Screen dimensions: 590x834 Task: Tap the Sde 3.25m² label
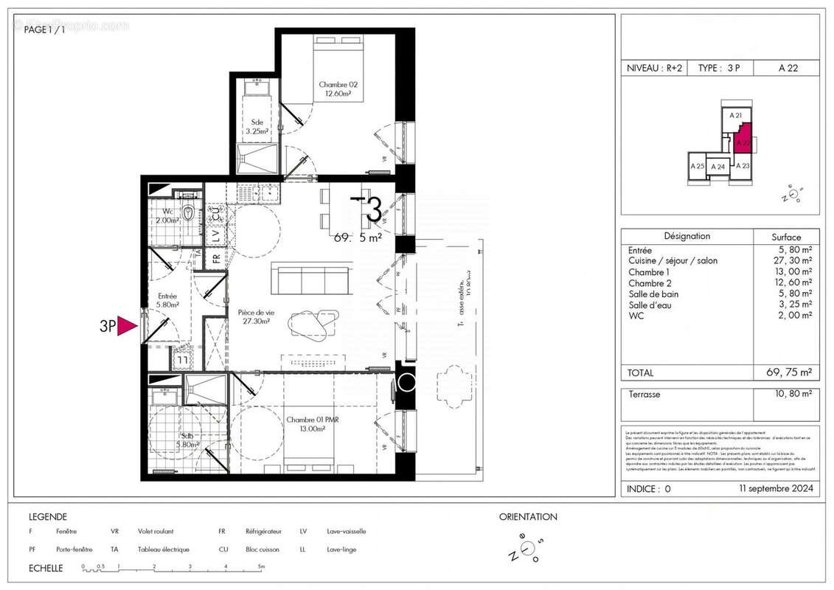pyautogui.click(x=257, y=127)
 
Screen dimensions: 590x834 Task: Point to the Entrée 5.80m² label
pyautogui.click(x=167, y=300)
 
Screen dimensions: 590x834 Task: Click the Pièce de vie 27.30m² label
pyautogui.click(x=253, y=316)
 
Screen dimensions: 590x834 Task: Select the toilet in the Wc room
pyautogui.click(x=191, y=214)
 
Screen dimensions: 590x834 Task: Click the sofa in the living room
pyautogui.click(x=310, y=278)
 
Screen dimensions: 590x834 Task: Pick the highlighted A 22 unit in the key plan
pyautogui.click(x=743, y=139)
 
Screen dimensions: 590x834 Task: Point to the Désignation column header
pyautogui.click(x=687, y=237)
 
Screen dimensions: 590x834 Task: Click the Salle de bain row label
pyautogui.click(x=653, y=294)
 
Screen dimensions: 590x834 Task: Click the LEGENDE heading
pyautogui.click(x=48, y=517)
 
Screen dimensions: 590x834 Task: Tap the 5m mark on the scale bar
pyautogui.click(x=260, y=566)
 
